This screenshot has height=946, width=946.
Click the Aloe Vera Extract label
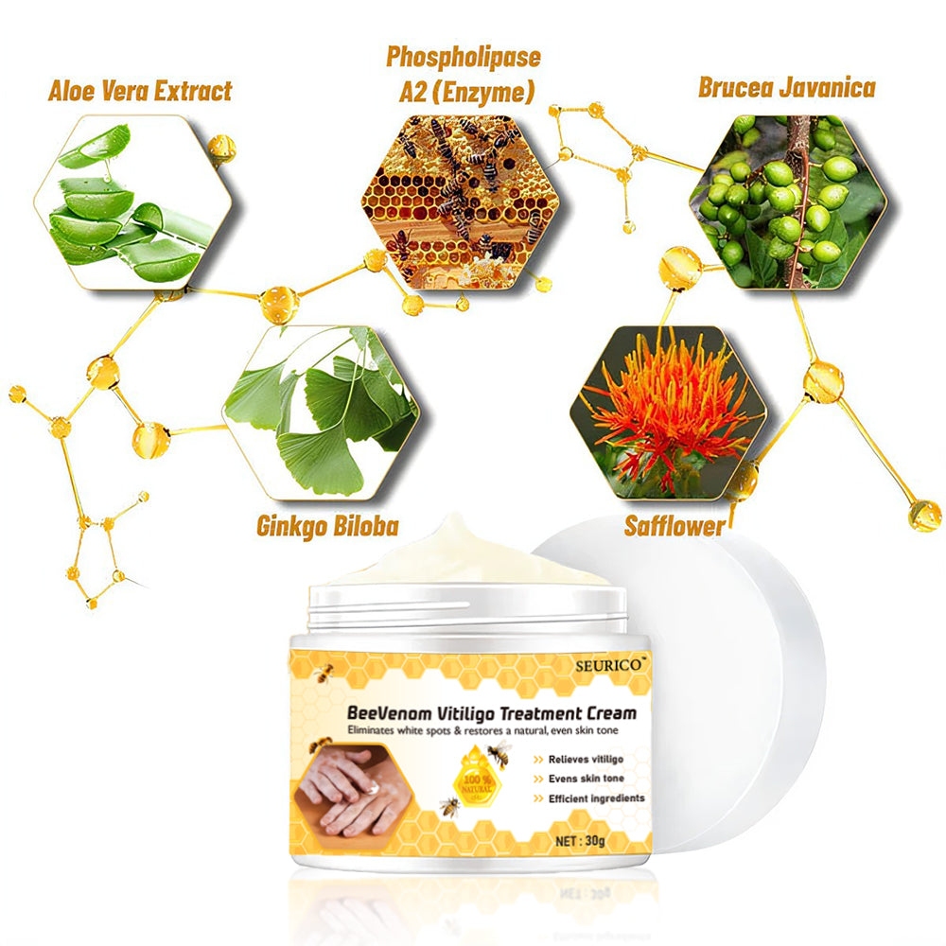click(x=140, y=92)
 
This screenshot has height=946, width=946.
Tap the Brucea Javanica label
click(x=786, y=89)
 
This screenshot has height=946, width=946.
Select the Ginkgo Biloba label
click(x=327, y=526)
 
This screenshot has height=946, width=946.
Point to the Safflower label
click(x=674, y=526)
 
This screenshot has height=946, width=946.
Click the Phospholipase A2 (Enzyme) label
click(x=463, y=74)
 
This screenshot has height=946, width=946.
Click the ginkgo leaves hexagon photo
click(x=322, y=412)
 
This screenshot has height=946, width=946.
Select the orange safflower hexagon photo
click(x=668, y=412)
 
